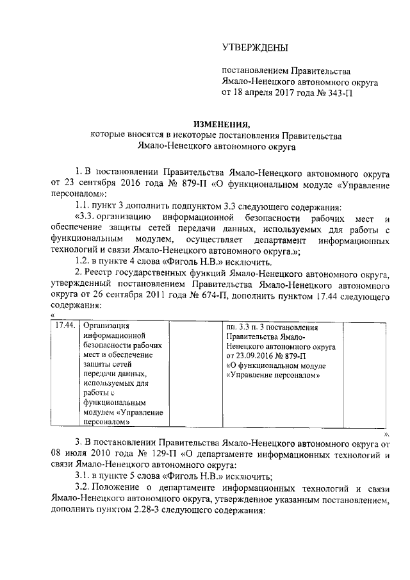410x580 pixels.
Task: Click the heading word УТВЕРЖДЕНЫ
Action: pyautogui.click(x=254, y=47)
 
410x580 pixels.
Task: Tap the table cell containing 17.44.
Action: pyautogui.click(x=65, y=325)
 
